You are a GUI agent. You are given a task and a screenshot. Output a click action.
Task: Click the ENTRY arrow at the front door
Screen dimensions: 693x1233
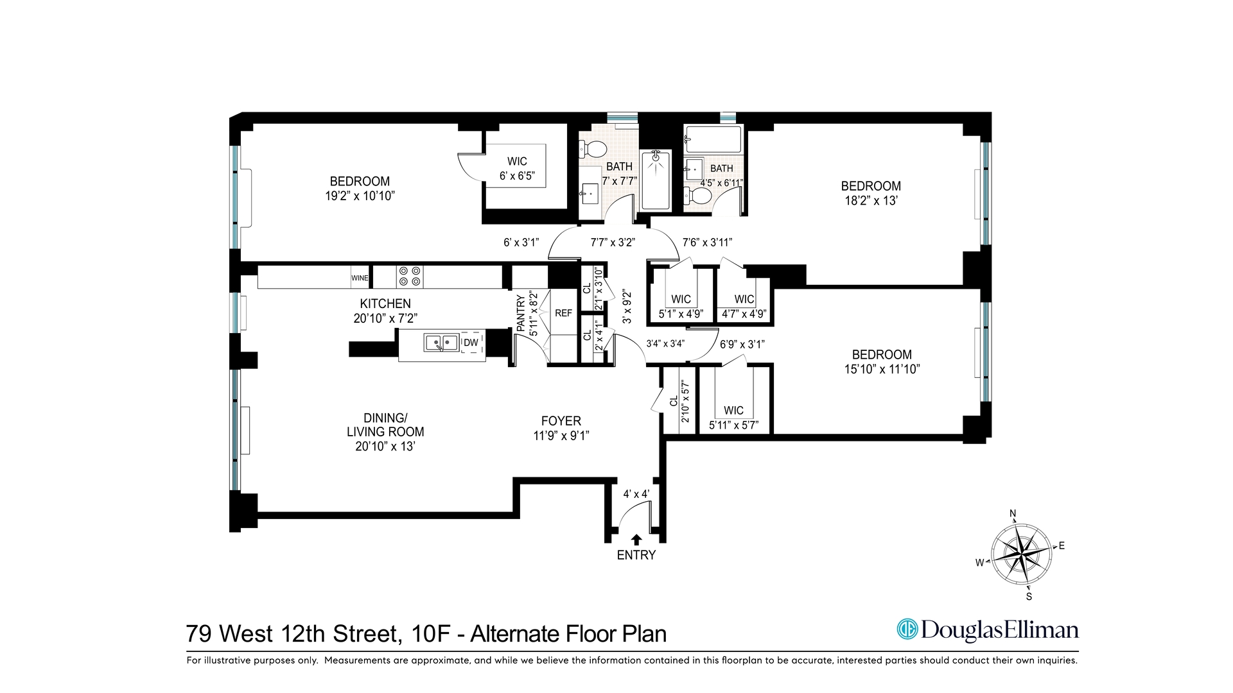pos(636,540)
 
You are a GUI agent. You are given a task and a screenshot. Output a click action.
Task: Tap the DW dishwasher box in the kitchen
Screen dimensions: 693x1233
pos(471,343)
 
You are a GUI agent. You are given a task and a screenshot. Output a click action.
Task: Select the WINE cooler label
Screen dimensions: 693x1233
pos(360,278)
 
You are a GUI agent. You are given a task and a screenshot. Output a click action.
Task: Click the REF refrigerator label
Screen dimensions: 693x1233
pos(563,313)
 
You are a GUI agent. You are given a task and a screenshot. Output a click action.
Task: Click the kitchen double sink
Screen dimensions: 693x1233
pos(441,343)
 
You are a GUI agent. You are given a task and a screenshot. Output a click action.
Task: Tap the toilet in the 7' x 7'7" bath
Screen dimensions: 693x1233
pos(595,150)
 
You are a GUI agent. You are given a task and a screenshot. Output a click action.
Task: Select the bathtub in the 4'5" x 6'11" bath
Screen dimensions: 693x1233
pos(713,137)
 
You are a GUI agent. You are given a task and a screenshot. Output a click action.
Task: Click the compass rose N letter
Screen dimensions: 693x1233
pos(1013,513)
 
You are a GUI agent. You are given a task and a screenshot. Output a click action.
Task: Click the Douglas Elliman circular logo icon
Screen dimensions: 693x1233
pos(907,629)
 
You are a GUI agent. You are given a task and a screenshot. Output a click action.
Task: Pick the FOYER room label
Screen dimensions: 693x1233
pos(561,421)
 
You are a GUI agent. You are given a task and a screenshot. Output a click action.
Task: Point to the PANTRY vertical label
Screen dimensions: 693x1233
pos(521,312)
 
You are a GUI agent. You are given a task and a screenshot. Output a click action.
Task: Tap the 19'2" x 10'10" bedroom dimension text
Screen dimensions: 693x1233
pos(360,196)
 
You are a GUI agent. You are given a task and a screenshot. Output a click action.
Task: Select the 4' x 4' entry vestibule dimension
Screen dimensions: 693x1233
pos(636,494)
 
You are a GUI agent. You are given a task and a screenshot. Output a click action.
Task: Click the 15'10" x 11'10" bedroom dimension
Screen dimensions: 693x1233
pos(882,369)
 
